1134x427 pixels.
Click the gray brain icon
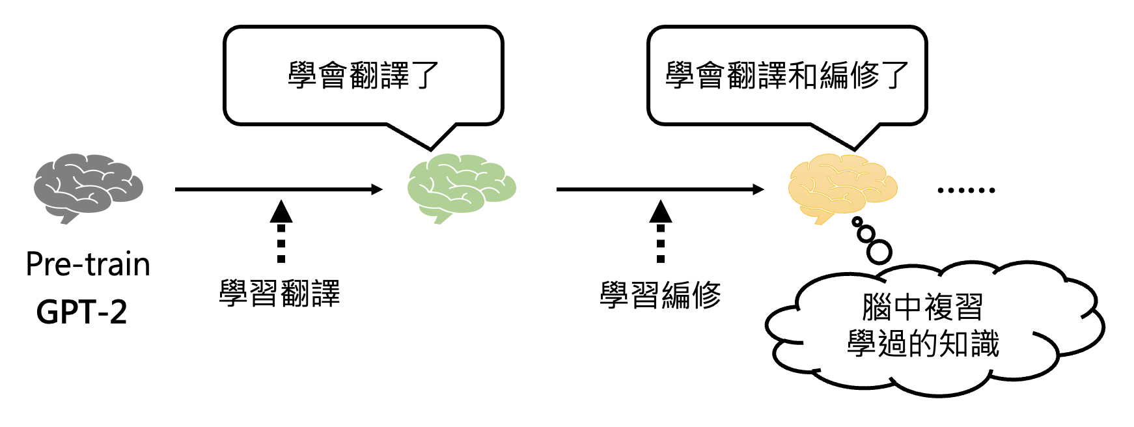pos(88,187)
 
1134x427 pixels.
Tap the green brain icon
pos(461,187)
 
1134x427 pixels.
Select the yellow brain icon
pos(842,187)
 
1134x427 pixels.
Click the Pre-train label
pos(88,264)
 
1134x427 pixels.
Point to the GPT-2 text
pos(81,312)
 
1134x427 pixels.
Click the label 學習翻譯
pos(279,294)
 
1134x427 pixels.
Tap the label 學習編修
pos(660,295)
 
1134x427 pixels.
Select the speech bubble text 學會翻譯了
pos(363,76)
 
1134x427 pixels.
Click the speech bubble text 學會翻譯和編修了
pos(786,76)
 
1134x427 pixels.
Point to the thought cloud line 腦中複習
pos(922,307)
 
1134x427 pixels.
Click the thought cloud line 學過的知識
pos(922,343)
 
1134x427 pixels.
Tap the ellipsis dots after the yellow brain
pos(966,190)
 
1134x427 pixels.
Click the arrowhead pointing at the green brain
pos(377,189)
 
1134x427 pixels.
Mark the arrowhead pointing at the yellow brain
pos(758,189)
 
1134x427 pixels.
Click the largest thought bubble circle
pos(879,251)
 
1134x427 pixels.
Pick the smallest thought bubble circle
pos(857,223)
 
